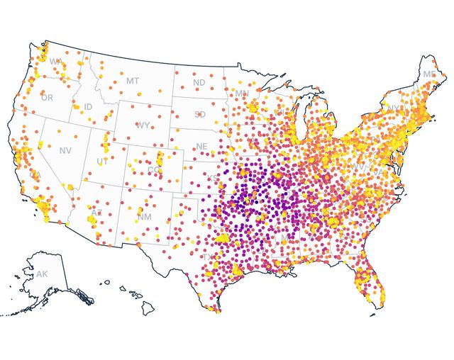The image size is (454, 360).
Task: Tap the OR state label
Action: coord(47,97)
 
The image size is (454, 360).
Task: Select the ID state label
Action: coord(88,107)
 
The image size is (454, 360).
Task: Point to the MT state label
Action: coord(133,81)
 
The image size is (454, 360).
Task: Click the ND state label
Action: coord(199,82)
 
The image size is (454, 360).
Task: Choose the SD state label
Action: coord(200,114)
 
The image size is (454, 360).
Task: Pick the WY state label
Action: coord(143,125)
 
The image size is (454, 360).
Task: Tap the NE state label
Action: coord(201,147)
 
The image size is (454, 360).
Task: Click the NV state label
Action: coord(65,150)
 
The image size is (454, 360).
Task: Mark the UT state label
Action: coord(102,162)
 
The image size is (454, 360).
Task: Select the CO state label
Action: coord(153,170)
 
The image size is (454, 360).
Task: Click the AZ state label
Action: coord(96,213)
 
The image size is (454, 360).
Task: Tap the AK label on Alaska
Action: coord(42,274)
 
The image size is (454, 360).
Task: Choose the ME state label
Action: coord(429,74)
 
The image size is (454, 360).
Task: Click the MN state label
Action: coord(242,94)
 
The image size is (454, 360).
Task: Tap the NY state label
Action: coord(392,109)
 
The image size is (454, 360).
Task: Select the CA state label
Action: coord(35,175)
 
